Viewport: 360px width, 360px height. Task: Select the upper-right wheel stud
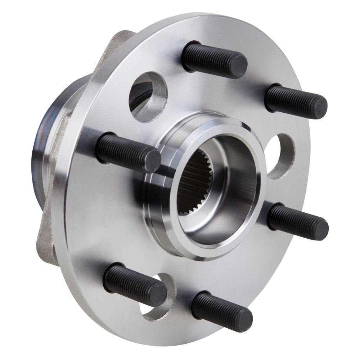295,100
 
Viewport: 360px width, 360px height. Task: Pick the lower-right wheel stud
297,221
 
